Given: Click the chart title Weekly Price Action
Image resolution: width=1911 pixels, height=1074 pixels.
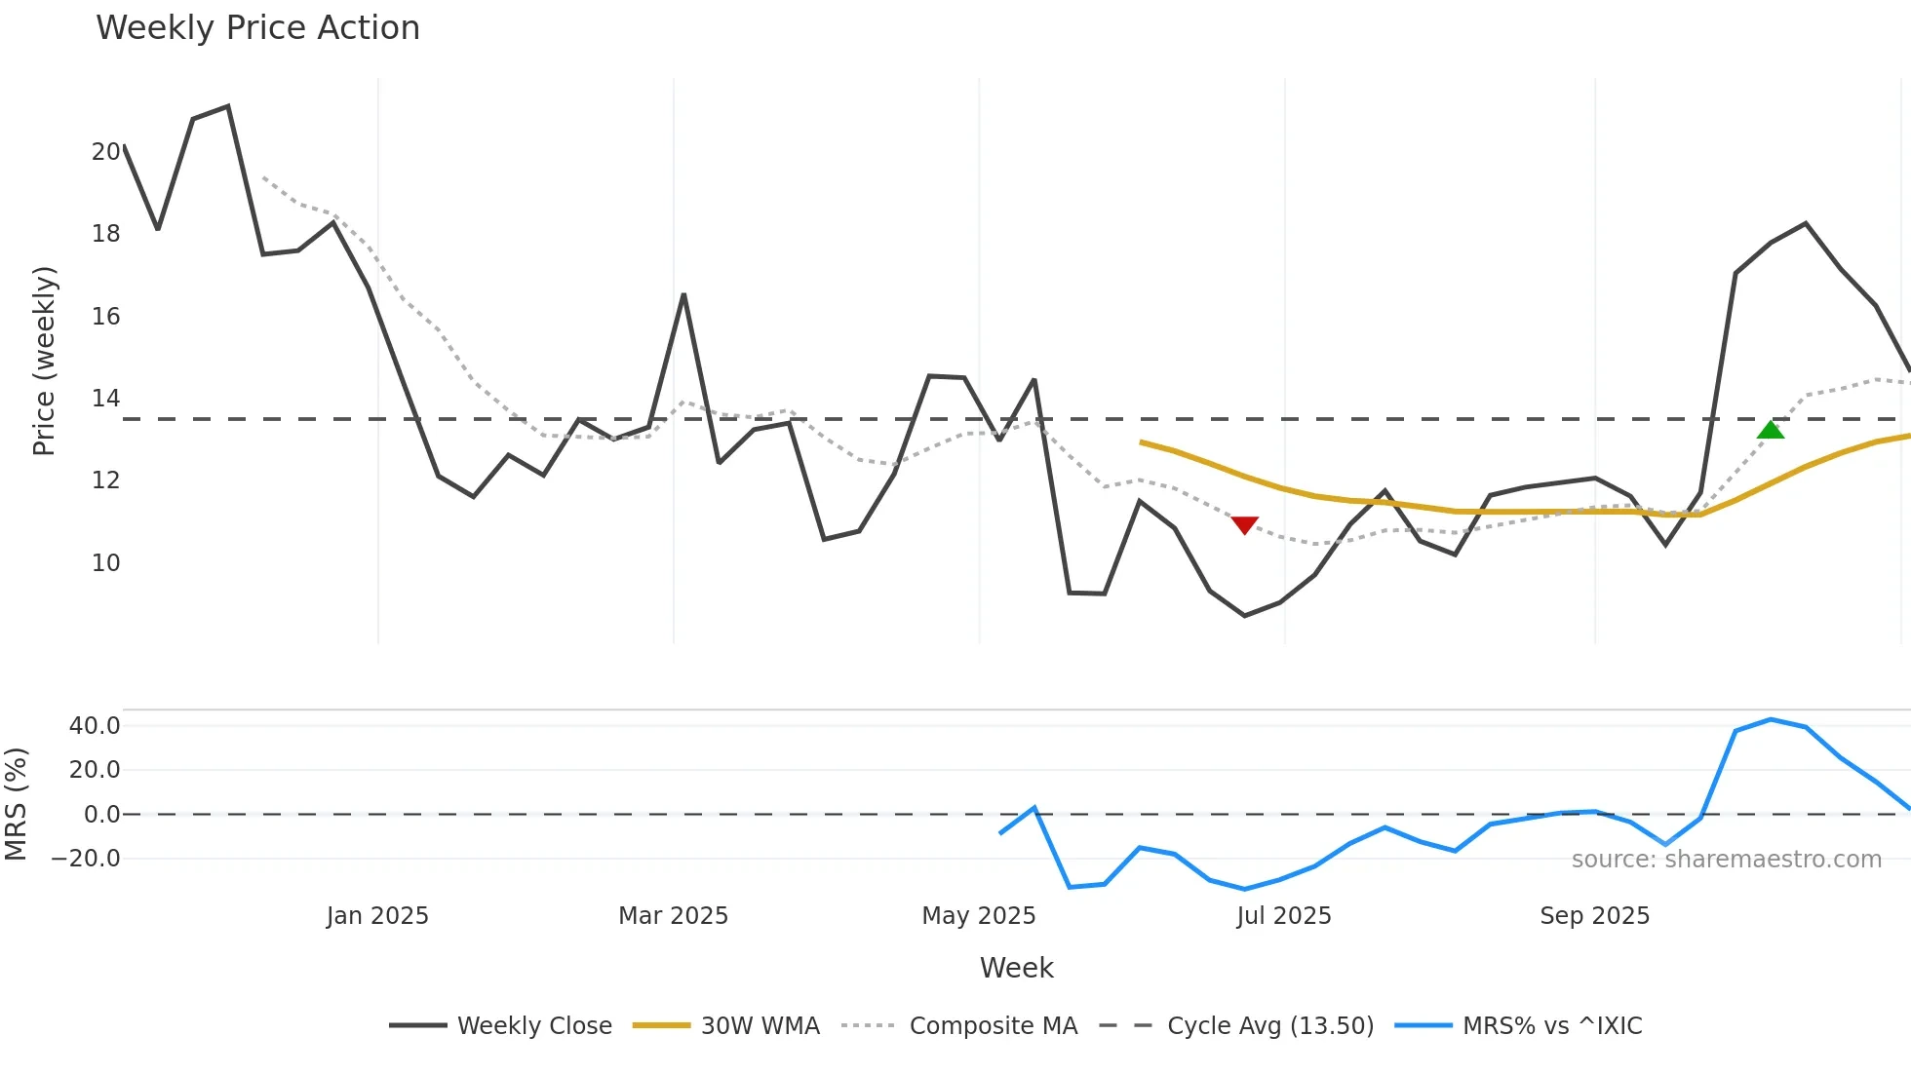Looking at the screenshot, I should (257, 28).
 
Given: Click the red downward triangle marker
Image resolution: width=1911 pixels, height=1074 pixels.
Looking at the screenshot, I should (1244, 524).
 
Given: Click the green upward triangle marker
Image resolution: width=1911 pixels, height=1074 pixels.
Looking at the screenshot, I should (1771, 430).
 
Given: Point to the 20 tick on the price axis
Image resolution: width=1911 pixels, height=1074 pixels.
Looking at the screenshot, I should (105, 151).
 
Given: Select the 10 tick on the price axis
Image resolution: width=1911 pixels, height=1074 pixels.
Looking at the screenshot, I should (105, 562).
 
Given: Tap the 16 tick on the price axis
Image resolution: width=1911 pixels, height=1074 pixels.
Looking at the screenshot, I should (105, 316).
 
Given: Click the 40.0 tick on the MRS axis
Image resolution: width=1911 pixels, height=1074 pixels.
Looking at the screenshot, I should (95, 725).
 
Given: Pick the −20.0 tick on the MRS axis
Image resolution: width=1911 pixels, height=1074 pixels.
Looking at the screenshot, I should (86, 859).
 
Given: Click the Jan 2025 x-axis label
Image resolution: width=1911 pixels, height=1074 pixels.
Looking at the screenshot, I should (377, 916).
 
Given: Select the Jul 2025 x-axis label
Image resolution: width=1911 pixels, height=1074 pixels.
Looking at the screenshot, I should (1283, 916).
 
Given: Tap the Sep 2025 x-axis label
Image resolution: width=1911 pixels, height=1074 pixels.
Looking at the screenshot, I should (1594, 916).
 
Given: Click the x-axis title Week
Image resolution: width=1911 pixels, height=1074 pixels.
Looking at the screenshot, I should (1016, 968).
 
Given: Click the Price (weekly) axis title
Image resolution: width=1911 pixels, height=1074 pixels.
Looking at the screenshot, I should (44, 361).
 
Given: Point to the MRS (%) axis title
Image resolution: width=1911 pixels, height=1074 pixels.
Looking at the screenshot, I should (16, 804).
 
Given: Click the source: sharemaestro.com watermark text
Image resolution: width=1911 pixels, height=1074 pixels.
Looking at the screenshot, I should (1726, 860).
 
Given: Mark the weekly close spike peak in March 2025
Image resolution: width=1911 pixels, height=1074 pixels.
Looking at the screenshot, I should (683, 294).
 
